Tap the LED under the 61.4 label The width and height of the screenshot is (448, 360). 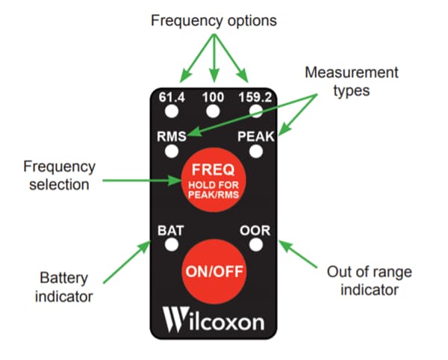[171, 111]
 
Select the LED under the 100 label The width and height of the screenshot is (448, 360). [214, 111]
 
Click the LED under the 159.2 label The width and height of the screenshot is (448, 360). [256, 111]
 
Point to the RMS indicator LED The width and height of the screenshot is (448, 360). [171, 151]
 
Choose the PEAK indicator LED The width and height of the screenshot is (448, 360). [256, 151]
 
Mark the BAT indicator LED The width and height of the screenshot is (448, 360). [171, 244]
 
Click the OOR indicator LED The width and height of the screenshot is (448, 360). [256, 244]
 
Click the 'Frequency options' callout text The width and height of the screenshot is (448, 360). [214, 21]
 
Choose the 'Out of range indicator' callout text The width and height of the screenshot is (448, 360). [370, 282]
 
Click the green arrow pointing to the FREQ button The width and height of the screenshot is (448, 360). [139, 180]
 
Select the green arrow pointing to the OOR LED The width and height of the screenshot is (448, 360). [303, 261]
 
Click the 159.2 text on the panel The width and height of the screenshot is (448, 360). [256, 96]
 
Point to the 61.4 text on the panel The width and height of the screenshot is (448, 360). [171, 96]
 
